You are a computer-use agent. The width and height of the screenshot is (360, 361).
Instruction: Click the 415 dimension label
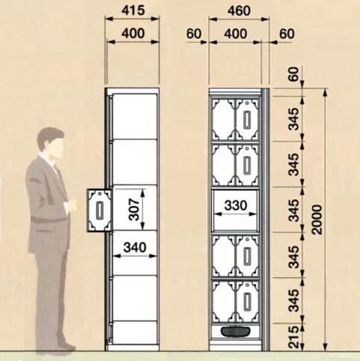(x=133, y=10)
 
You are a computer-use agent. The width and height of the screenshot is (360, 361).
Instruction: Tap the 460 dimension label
(x=239, y=10)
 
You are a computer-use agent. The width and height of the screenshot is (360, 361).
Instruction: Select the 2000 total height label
(x=317, y=219)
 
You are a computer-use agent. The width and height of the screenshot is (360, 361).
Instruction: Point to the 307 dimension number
(x=134, y=210)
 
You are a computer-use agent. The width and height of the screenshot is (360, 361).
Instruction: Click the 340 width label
(x=135, y=247)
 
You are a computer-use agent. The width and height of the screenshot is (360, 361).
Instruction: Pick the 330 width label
(x=236, y=205)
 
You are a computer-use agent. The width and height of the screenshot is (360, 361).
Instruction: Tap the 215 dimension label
(x=293, y=337)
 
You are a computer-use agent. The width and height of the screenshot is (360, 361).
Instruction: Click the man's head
(x=51, y=143)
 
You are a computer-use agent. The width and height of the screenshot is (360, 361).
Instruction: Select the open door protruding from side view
(x=100, y=210)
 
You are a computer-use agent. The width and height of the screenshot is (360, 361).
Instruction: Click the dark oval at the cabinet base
(x=235, y=332)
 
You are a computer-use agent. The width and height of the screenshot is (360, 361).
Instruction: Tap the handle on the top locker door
(x=247, y=120)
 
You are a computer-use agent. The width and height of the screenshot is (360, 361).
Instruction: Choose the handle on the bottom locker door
(x=247, y=302)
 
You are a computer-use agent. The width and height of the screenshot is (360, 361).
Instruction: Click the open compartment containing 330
(x=235, y=210)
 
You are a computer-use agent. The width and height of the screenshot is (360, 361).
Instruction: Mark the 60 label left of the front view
(x=194, y=34)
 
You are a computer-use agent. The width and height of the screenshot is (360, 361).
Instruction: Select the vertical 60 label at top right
(x=293, y=74)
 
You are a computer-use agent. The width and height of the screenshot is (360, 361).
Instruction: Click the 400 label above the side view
(x=133, y=33)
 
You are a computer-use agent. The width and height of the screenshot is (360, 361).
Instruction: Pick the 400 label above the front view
(x=236, y=34)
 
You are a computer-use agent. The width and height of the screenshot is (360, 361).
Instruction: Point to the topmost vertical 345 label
(x=293, y=119)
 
